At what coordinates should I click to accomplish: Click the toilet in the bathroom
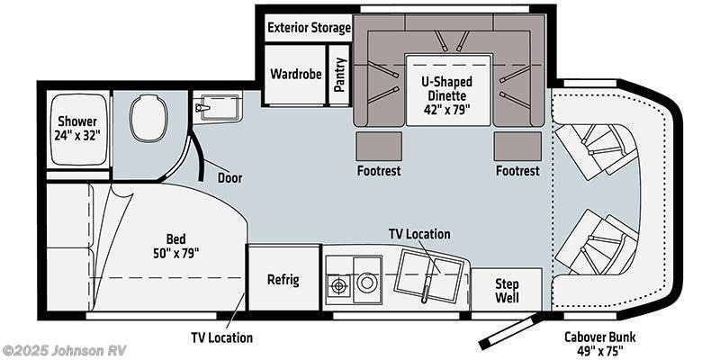point(148,120)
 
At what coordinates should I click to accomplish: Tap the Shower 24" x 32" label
point(78,129)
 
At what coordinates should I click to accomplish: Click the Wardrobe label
point(292,74)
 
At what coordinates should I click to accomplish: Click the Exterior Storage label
point(309,27)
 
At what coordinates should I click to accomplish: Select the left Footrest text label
point(379,170)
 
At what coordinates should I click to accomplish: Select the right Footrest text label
point(517,170)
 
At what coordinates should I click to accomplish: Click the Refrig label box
point(283,279)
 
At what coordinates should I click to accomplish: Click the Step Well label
point(507,291)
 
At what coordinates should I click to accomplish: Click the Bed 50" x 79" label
point(175,246)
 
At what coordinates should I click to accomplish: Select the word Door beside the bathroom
point(229,177)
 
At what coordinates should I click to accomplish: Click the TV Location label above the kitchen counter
point(418,234)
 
